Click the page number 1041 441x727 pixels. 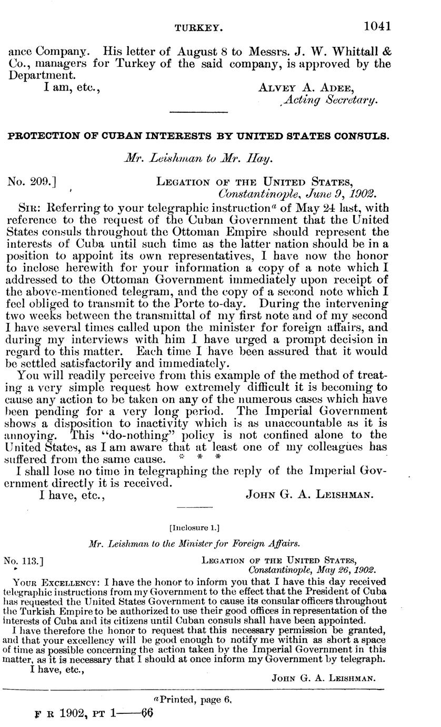[377, 25]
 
